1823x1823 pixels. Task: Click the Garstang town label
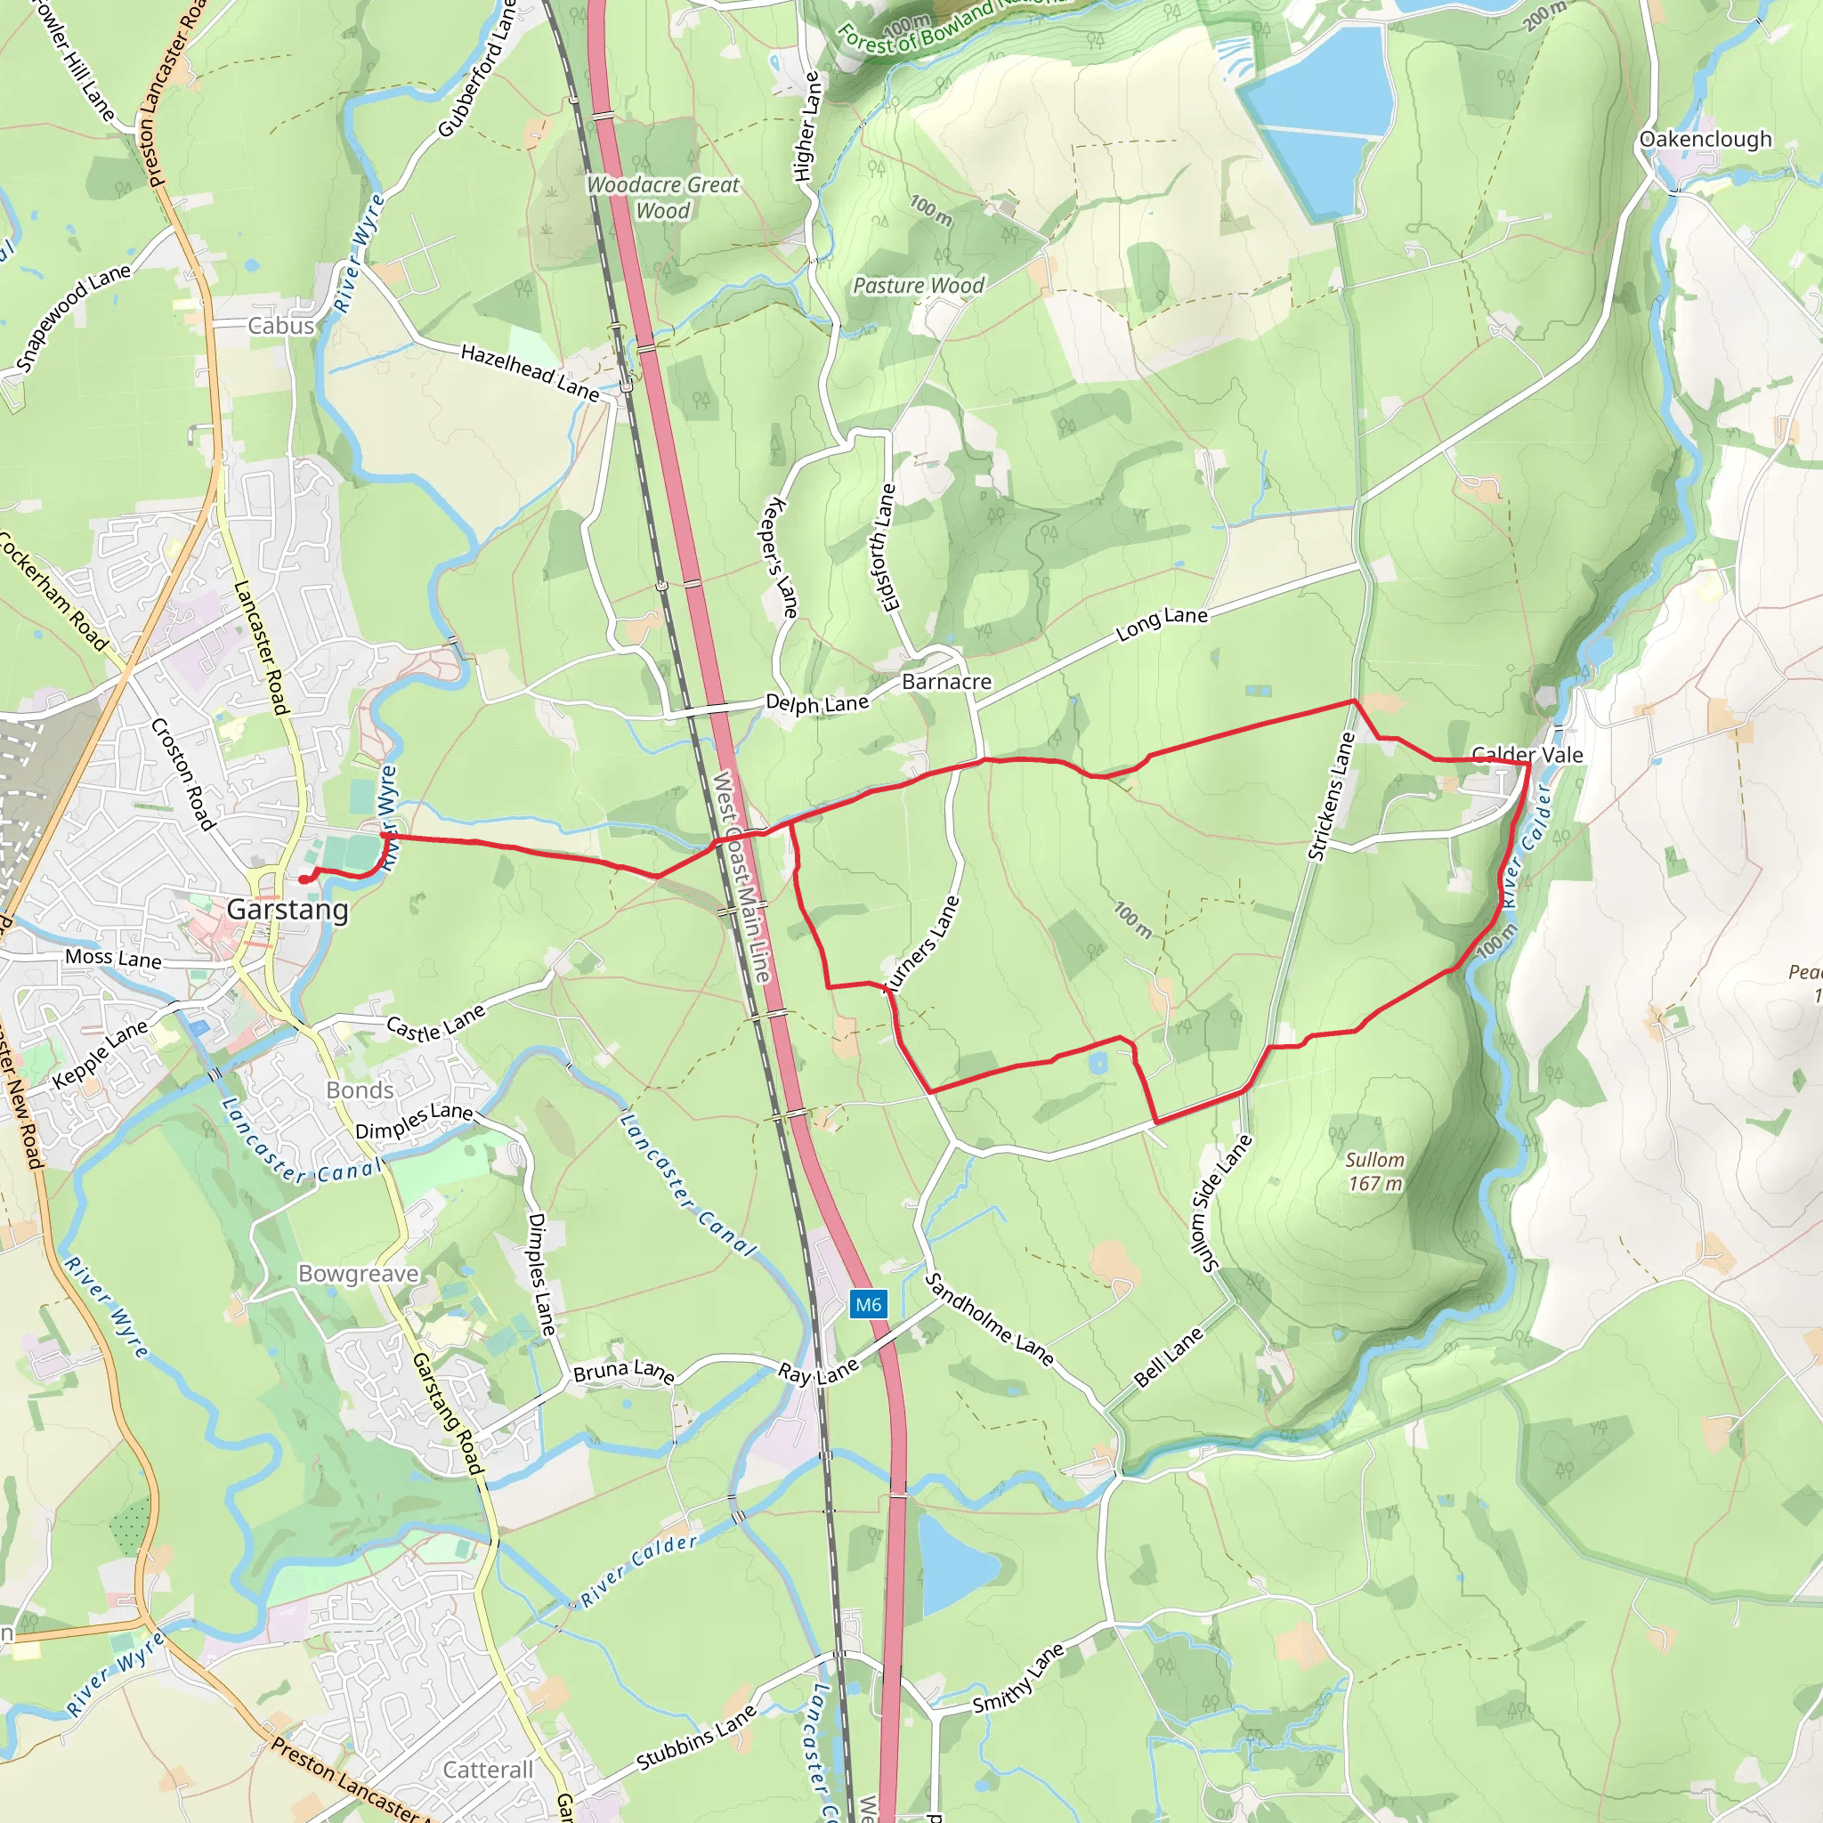tap(288, 910)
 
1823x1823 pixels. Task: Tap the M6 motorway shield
tap(867, 1305)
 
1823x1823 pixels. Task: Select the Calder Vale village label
tap(1527, 754)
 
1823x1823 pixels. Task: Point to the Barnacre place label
tap(946, 681)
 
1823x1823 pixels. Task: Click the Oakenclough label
tap(1705, 139)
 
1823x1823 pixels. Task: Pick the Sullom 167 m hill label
tap(1374, 1171)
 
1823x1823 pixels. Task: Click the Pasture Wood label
tap(918, 285)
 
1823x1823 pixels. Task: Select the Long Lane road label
tap(1162, 624)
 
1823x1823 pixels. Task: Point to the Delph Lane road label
tap(817, 703)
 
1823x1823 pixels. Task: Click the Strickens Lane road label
tap(1332, 798)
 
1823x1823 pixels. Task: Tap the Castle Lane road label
tap(436, 1023)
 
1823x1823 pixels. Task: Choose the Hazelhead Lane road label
tap(530, 372)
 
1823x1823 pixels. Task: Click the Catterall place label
tap(488, 1770)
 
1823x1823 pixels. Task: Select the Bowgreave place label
tap(359, 1274)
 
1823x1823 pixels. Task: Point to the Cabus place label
tap(280, 326)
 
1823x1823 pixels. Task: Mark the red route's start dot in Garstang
tap(304, 879)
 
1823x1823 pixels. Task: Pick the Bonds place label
tap(360, 1090)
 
